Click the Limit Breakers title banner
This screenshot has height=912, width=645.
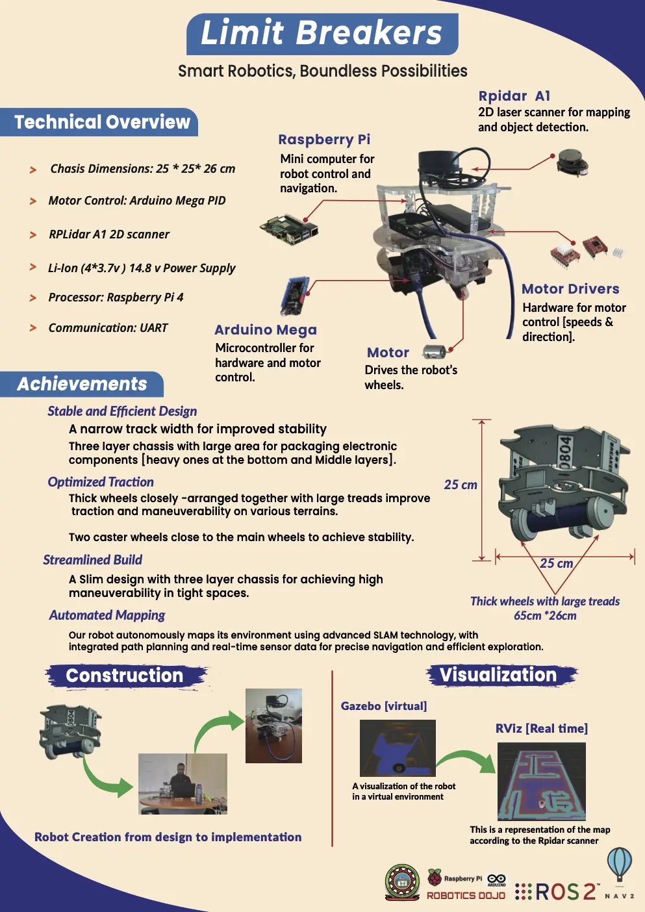pos(322,34)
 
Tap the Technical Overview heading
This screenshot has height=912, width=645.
pos(102,122)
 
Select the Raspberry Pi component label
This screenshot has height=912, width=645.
pos(324,140)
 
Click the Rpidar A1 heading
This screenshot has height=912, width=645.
pos(514,96)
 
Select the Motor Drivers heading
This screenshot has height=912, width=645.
pos(570,289)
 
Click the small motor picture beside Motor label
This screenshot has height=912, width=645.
pos(435,352)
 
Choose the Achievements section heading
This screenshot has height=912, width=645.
pos(82,384)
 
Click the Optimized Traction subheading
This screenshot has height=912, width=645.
pos(101,482)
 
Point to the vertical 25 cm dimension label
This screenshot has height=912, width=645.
pos(461,485)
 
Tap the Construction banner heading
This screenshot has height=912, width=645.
pos(125,676)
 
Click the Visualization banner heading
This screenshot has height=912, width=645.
pos(498,675)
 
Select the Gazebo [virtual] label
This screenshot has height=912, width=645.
pos(384,706)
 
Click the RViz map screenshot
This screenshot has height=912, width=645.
pos(541,781)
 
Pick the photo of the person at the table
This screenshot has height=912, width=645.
pos(183,784)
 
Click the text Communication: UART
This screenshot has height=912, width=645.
pos(108,328)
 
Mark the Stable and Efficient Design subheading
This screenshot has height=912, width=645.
pos(122,411)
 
